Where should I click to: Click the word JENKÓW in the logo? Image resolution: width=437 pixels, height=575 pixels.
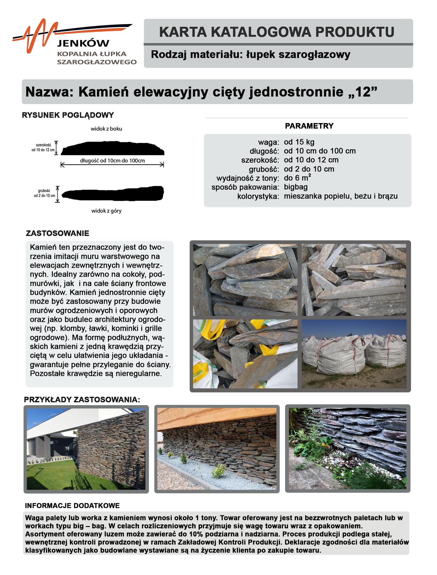(83, 43)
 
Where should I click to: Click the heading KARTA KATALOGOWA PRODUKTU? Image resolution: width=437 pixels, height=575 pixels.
(276, 32)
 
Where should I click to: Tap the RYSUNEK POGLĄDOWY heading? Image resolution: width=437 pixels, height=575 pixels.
(68, 115)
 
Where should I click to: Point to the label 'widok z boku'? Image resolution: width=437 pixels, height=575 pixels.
(106, 129)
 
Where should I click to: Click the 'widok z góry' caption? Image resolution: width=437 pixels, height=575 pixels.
(106, 211)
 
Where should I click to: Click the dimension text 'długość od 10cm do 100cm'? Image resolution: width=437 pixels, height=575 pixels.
(112, 161)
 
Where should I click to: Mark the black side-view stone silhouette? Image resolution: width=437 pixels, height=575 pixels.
(112, 148)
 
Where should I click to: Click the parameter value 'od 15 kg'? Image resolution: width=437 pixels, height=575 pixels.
(299, 142)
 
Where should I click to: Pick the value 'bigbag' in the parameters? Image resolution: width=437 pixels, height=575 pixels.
(296, 187)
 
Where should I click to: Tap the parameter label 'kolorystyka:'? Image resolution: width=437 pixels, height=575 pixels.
(258, 196)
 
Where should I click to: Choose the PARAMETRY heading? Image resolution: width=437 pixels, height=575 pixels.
(309, 126)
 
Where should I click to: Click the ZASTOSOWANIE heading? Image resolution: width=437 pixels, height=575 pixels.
(57, 233)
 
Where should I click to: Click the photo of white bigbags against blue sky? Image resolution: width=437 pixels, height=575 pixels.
(354, 354)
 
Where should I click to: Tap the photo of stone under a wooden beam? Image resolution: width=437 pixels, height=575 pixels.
(217, 449)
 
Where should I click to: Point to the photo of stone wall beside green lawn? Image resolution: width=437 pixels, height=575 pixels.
(86, 449)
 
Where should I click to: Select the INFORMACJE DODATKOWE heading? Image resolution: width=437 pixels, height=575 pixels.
(72, 506)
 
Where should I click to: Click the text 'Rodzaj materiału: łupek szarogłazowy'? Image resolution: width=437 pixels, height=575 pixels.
(250, 55)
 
